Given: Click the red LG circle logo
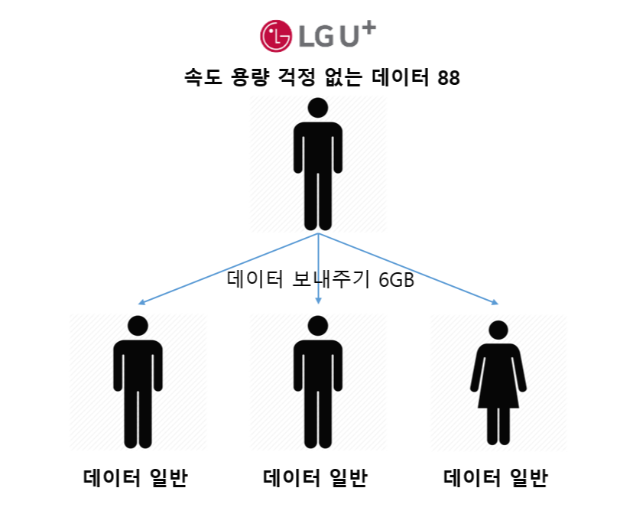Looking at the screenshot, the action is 277,34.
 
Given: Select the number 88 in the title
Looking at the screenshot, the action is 449,77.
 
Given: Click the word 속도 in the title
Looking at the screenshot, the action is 202,77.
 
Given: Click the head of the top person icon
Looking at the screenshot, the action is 317,108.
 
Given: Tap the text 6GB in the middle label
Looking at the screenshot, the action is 396,280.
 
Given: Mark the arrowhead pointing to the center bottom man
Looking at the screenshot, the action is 317,303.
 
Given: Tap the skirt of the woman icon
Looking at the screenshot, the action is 498,390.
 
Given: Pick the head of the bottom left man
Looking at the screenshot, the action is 138,325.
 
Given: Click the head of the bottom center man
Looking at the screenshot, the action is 317,325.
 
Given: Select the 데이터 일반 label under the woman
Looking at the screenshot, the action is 496,479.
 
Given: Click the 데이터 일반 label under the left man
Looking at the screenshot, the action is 136,479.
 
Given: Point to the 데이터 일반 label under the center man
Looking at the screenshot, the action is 316,479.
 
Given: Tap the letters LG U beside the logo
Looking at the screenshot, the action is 326,36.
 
